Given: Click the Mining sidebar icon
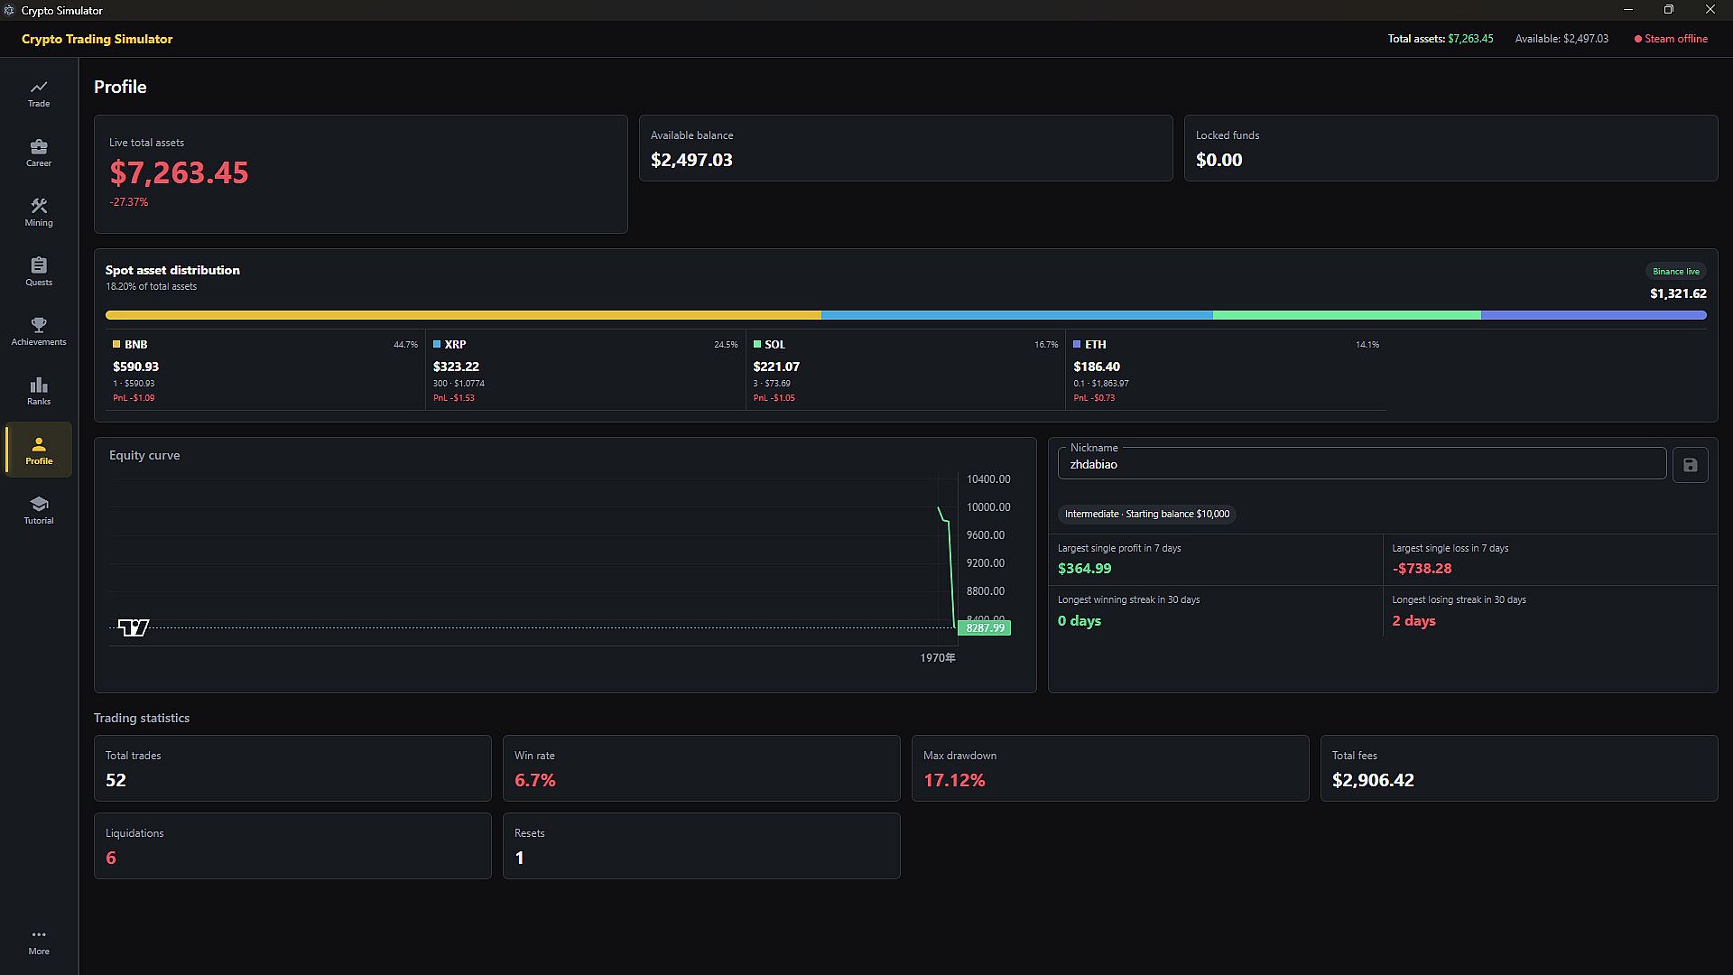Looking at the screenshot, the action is (39, 207).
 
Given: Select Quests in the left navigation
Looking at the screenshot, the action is (39, 272).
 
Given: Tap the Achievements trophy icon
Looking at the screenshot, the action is (39, 325).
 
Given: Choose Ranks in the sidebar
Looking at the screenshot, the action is (39, 391).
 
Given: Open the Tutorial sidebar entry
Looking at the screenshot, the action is (39, 510).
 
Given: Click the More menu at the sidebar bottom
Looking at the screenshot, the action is (39, 942).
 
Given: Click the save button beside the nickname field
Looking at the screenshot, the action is (1690, 465).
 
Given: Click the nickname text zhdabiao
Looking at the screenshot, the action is (1093, 465).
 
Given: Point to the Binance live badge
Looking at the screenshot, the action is (1676, 271).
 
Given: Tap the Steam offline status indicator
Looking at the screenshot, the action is (1671, 39).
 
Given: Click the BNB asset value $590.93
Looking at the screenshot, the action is (135, 367).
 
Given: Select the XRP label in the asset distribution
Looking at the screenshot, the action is (455, 344).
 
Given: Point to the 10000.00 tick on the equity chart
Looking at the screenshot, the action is (988, 507).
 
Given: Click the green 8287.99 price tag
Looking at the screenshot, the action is (984, 627).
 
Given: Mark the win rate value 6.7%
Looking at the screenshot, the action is (535, 780).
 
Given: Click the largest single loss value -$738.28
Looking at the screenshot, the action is (1422, 569).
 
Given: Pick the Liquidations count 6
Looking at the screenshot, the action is (111, 858).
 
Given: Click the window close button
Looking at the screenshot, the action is (1710, 10).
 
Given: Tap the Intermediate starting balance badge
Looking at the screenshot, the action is (1147, 514).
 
